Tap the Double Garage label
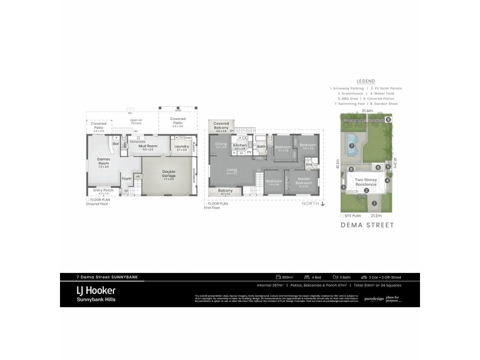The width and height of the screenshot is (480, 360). tap(169, 173)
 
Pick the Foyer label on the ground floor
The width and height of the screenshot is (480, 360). tap(127, 178)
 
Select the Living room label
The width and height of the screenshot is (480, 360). tap(232, 170)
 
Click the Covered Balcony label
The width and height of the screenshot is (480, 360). tap(221, 124)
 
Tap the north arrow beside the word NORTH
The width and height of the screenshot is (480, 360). tap(323, 204)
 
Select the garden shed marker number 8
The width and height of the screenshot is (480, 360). tap(388, 120)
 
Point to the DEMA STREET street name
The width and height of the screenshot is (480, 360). tap(367, 226)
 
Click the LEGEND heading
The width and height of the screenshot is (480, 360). tap(365, 80)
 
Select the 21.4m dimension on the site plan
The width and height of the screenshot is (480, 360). tap(367, 111)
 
